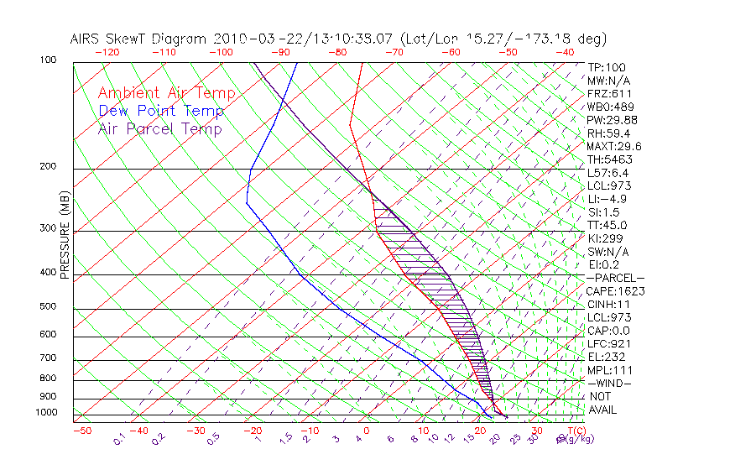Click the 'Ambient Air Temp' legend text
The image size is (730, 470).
167,94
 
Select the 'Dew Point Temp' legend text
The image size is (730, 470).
161,112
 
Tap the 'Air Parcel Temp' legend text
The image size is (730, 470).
160,129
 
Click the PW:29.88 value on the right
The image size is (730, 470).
612,120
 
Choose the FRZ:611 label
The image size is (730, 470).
609,93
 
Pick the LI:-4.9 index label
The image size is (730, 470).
607,199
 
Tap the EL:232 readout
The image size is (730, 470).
607,357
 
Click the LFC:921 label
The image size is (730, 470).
609,343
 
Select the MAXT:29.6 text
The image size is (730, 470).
615,146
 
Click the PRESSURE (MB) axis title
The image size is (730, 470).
64,236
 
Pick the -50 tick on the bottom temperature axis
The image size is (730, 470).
81,431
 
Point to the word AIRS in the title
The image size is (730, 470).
86,39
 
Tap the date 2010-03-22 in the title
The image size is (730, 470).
249,39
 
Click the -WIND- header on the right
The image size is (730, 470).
610,383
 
